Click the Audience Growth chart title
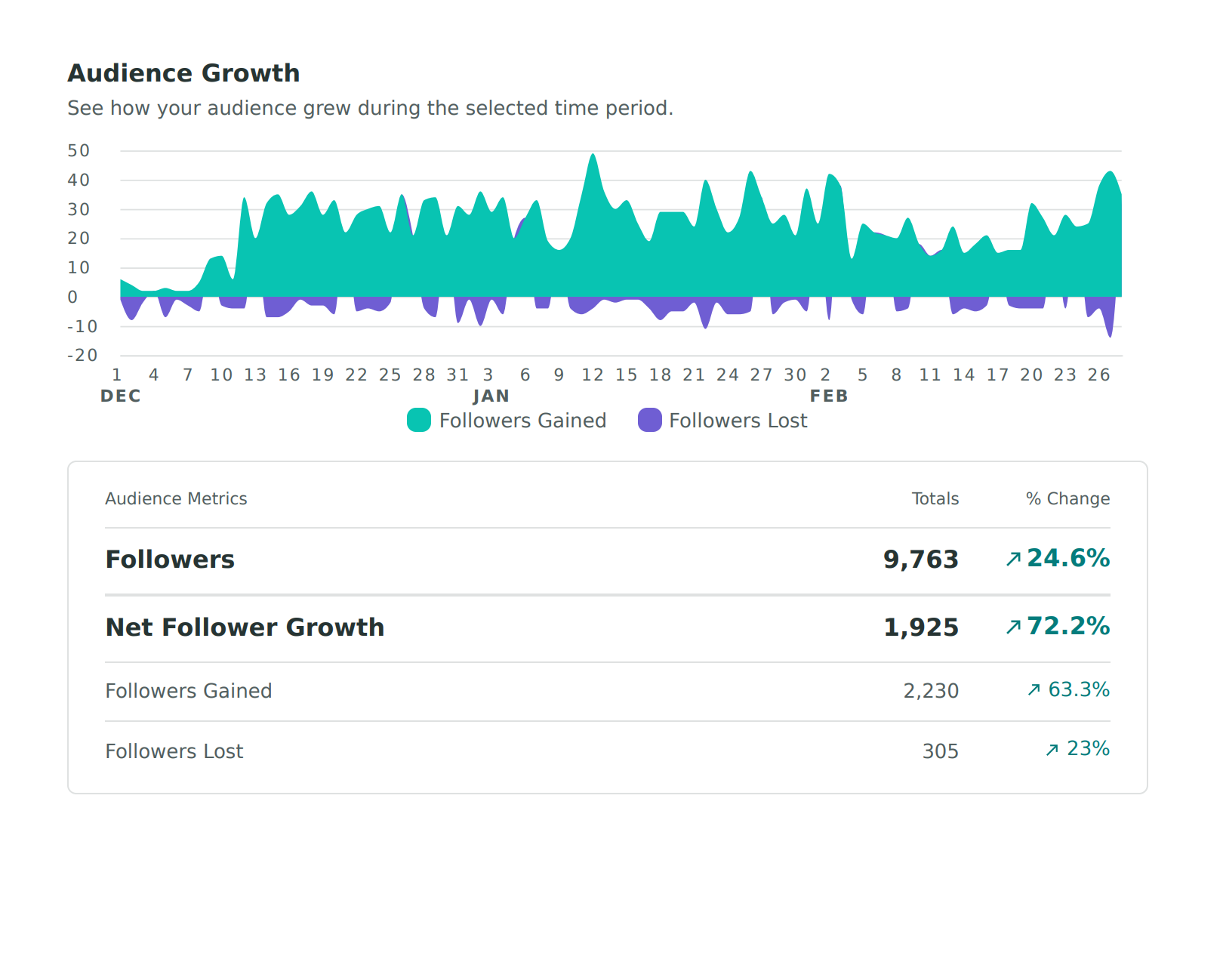point(183,73)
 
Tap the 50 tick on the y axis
point(79,151)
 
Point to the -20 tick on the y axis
point(82,356)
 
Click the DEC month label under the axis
point(121,396)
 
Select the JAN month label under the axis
point(491,396)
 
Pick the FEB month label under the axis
point(829,396)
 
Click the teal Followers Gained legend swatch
point(419,421)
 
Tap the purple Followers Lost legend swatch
point(649,421)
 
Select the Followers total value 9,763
point(920,560)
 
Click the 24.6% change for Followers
point(1067,558)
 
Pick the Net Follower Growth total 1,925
point(920,627)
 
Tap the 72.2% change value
point(1067,626)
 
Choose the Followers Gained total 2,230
point(931,691)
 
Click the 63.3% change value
point(1078,689)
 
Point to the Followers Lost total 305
point(940,751)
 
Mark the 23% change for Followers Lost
point(1087,748)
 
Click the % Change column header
point(1067,499)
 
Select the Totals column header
point(935,499)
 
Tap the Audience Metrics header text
point(176,499)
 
